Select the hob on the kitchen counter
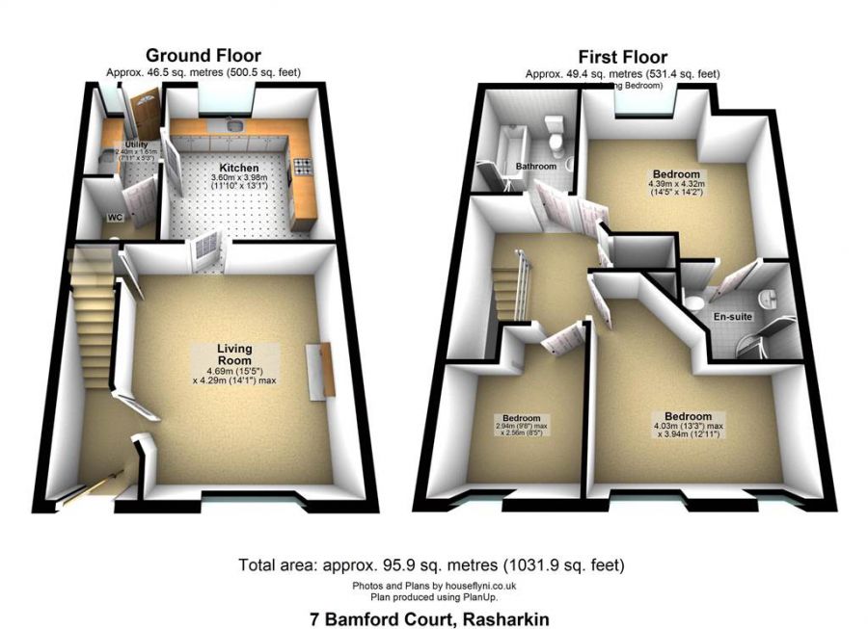[x=302, y=164]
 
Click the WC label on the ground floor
[x=114, y=217]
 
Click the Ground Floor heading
[x=203, y=56]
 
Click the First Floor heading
[x=622, y=57]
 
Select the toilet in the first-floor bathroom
[x=554, y=135]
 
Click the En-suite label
[x=732, y=316]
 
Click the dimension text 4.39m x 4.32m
[x=675, y=185]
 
